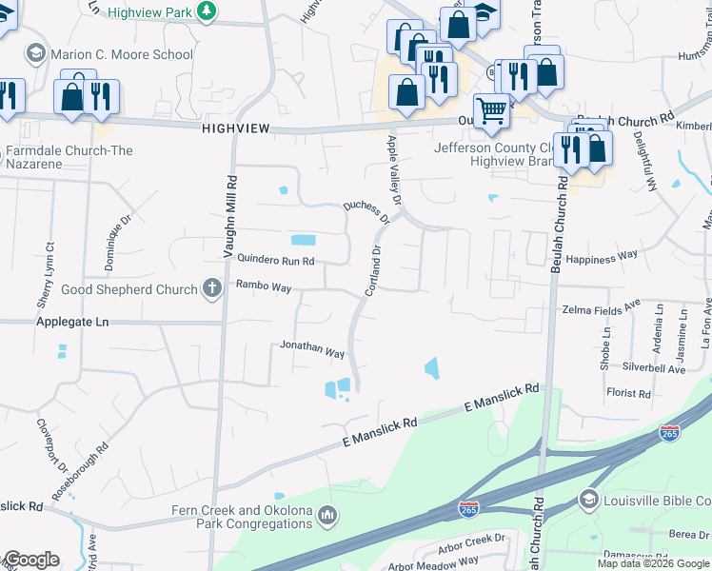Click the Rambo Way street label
tap(264, 285)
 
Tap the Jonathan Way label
tap(311, 351)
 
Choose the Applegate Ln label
tap(72, 323)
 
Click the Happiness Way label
tap(601, 257)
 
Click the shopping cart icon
tap(491, 110)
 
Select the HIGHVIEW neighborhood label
tap(236, 128)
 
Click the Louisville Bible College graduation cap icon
tap(588, 500)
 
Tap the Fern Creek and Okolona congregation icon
tap(328, 516)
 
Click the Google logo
tap(30, 560)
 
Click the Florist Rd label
tap(628, 392)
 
